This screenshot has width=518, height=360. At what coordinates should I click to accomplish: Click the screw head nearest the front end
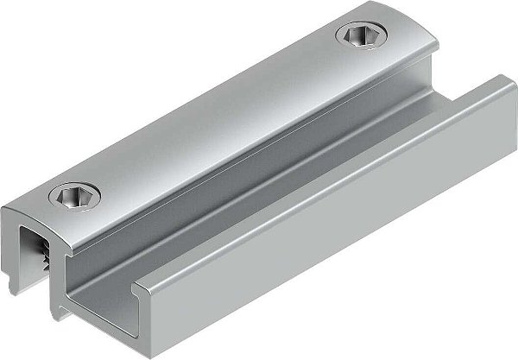pos(73,198)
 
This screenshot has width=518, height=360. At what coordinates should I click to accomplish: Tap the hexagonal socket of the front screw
pos(73,198)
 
